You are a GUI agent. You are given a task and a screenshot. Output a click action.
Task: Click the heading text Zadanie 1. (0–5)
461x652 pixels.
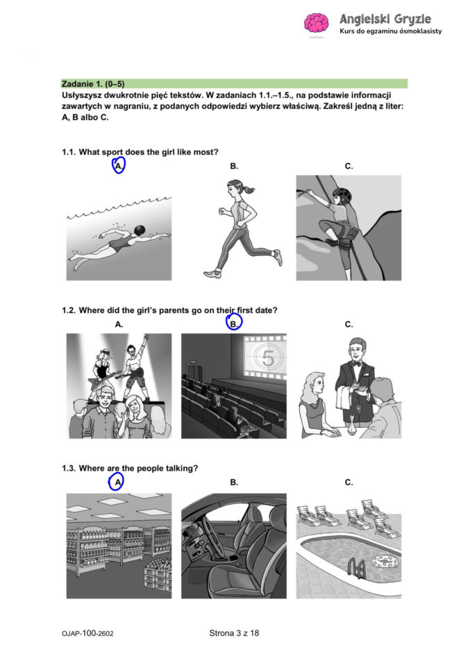click(x=93, y=83)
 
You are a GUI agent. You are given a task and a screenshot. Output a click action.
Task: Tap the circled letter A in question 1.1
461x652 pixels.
click(x=119, y=167)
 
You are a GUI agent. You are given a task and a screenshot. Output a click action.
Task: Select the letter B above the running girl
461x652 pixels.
click(x=234, y=167)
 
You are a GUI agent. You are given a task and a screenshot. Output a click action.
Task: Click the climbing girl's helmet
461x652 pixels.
click(x=342, y=196)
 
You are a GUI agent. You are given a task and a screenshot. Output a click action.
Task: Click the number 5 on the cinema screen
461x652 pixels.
click(x=266, y=358)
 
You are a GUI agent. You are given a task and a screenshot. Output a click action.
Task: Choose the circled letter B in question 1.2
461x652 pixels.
click(x=234, y=323)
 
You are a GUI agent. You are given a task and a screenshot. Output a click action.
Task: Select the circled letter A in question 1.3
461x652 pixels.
click(x=117, y=482)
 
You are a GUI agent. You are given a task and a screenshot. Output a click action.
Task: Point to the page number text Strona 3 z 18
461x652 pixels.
click(x=234, y=633)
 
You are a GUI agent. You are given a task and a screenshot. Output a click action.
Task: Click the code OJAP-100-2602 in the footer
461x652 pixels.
click(x=87, y=633)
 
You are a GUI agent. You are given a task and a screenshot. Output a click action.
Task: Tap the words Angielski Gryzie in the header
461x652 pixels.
click(x=385, y=18)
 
